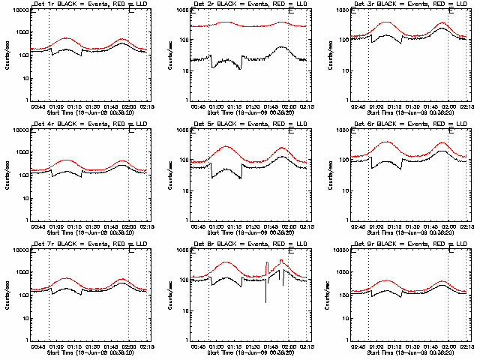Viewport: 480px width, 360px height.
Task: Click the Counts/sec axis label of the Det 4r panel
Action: pyautogui.click(x=7, y=173)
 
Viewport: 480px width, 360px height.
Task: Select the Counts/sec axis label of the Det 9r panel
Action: pyautogui.click(x=328, y=293)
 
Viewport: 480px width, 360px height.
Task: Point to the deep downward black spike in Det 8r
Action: pyautogui.click(x=265, y=301)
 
